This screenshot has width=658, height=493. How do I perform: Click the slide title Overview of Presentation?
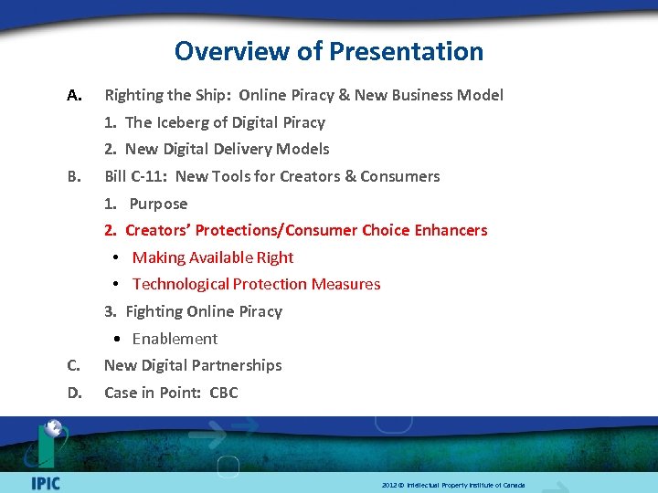[x=329, y=51]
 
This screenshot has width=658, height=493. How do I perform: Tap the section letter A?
[x=75, y=95]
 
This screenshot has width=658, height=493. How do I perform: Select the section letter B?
[x=74, y=176]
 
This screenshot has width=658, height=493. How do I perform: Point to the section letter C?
[x=74, y=365]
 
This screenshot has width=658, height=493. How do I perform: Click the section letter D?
[x=75, y=393]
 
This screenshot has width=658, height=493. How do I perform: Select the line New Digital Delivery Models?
[x=227, y=149]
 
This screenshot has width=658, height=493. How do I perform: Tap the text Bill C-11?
[x=135, y=176]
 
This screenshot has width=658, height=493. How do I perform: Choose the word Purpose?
[x=158, y=204]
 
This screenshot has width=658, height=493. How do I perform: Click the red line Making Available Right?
[x=212, y=257]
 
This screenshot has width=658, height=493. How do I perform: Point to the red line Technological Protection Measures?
[x=256, y=284]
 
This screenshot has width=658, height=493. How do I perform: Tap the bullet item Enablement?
[x=175, y=339]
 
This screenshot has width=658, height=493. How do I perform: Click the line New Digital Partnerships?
[x=193, y=365]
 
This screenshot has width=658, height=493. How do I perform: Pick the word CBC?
[x=223, y=393]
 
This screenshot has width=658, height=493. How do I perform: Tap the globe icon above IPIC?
[x=53, y=430]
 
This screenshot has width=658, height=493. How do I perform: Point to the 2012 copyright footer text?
[x=453, y=485]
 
